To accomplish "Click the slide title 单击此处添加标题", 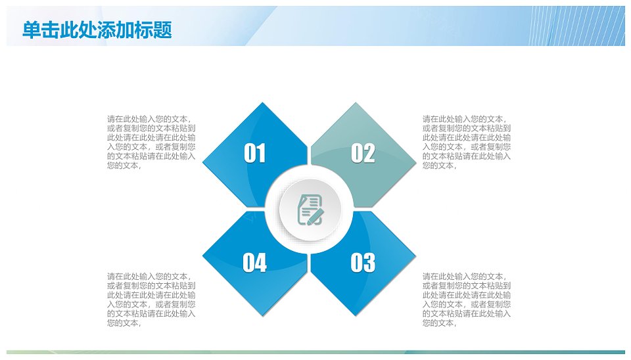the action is [x=97, y=30].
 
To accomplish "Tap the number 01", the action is [x=255, y=153].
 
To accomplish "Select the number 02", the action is [x=363, y=153].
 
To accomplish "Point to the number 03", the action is [x=363, y=263].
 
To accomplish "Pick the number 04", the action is [x=255, y=263].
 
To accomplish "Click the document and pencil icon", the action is [x=310, y=210].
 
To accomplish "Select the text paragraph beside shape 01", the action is [x=151, y=142].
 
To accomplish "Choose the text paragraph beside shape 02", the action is [x=467, y=142].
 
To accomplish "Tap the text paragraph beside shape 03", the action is [x=467, y=300].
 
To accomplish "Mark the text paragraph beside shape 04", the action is [x=151, y=300].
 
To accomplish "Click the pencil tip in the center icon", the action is [x=309, y=223].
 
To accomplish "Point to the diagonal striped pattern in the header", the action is [x=576, y=26].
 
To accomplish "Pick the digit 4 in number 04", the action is [x=261, y=263].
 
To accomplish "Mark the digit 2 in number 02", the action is [x=369, y=153].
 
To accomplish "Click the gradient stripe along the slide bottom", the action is [x=315, y=352].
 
